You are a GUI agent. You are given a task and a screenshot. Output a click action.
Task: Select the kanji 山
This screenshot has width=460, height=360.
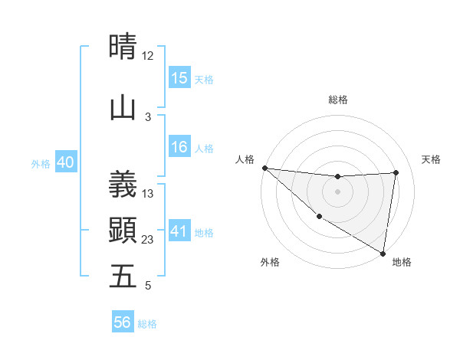pos(123,108)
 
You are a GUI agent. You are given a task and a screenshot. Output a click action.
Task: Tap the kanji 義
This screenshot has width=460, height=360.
pos(123,184)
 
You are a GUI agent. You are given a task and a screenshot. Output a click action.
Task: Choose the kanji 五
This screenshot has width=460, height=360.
pos(123,276)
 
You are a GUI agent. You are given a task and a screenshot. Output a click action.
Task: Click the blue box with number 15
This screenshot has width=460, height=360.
pos(179,77)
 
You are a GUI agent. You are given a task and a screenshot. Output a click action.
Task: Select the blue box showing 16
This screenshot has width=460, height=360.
pos(179,147)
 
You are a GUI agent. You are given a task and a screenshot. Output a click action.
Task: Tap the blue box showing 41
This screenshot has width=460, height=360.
pos(179,231)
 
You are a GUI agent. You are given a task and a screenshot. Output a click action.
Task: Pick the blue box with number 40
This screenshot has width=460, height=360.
pos(64,162)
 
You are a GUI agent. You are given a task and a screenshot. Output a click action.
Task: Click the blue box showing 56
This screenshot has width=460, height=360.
pos(123,322)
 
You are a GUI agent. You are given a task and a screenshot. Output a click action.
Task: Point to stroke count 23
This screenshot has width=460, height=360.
pos(148,240)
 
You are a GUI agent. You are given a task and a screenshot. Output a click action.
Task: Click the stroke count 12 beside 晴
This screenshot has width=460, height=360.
pos(148,56)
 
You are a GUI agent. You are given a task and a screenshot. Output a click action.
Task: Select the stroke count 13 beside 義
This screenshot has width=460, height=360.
pos(148,194)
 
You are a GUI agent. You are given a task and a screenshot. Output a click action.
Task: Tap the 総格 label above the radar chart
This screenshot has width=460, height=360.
pos(338,100)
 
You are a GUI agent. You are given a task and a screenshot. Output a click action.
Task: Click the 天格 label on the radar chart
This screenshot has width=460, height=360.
pos(431,159)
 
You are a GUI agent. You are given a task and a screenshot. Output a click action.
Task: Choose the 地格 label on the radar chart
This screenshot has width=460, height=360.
pos(402,262)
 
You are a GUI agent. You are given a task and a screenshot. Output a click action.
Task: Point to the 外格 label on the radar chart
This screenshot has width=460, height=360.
pos(270,262)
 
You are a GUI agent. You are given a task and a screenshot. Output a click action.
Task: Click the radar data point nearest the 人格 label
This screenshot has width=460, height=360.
pos(264,168)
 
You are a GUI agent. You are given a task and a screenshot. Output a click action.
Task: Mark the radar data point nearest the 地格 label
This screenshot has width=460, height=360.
pos(383,253)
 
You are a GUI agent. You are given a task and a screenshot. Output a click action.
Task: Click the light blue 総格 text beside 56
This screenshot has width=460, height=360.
pos(147,324)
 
